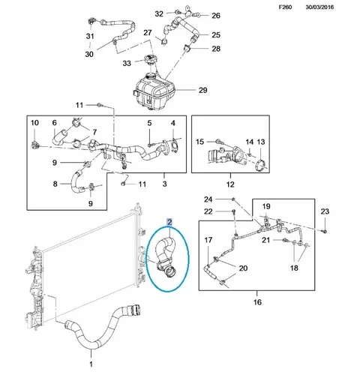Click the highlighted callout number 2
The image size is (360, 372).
pyautogui.click(x=169, y=221)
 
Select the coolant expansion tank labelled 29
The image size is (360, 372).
pyautogui.click(x=154, y=91)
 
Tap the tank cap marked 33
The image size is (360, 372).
pyautogui.click(x=150, y=60)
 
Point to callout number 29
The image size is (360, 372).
pyautogui.click(x=203, y=90)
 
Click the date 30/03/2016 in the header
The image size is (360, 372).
pyautogui.click(x=319, y=7)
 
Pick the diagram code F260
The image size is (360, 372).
pyautogui.click(x=285, y=7)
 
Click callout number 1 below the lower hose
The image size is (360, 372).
pyautogui.click(x=91, y=364)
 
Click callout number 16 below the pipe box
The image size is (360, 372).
pyautogui.click(x=257, y=302)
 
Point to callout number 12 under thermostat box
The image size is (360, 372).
pyautogui.click(x=230, y=184)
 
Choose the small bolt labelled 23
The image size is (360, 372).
pyautogui.click(x=325, y=231)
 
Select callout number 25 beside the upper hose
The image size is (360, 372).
pyautogui.click(x=216, y=34)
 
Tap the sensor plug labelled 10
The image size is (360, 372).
pyautogui.click(x=34, y=145)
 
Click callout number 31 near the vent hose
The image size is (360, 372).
pyautogui.click(x=90, y=36)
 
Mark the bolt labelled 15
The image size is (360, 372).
pyautogui.click(x=218, y=141)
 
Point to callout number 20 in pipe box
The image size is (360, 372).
pyautogui.click(x=243, y=268)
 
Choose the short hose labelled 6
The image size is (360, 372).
pyautogui.click(x=60, y=136)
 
